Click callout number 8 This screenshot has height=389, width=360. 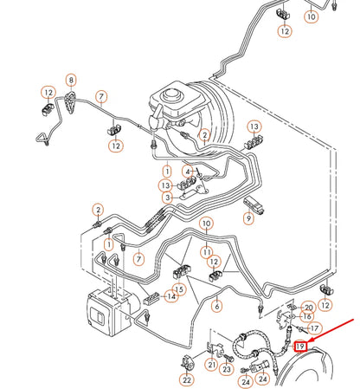click(x=71, y=81)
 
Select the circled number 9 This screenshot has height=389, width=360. click(x=248, y=219)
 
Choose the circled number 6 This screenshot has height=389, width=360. click(x=217, y=305)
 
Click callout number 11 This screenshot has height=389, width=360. click(x=207, y=251)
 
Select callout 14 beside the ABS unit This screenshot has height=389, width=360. click(x=171, y=297)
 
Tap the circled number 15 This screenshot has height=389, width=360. click(x=179, y=289)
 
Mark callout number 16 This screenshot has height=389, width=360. click(x=307, y=317)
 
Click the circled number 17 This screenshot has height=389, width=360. click(x=315, y=328)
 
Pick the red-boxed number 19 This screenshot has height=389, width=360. click(x=300, y=347)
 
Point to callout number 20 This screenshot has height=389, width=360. click(x=309, y=308)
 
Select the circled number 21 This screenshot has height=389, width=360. click(x=211, y=365)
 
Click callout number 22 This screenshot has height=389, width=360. click(x=187, y=379)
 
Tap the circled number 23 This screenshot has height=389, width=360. click(x=227, y=371)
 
